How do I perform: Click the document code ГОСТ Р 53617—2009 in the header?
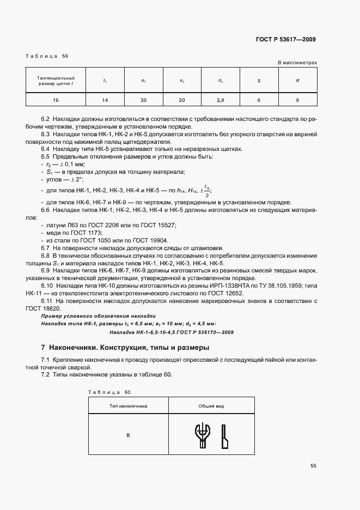click(285, 39)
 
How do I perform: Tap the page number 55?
click(313, 466)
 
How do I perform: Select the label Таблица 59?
click(47, 56)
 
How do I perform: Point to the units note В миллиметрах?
click(297, 63)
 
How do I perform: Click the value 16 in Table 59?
click(56, 100)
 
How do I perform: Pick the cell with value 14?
click(105, 100)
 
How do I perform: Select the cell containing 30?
click(143, 100)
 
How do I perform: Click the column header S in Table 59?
click(258, 81)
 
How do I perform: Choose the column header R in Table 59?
click(297, 81)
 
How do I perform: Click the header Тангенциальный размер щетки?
click(56, 81)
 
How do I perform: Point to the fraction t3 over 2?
click(206, 191)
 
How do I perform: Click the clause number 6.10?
click(47, 286)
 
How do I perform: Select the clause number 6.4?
click(46, 149)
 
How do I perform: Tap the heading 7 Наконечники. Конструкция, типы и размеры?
click(125, 347)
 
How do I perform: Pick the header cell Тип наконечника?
click(128, 406)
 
